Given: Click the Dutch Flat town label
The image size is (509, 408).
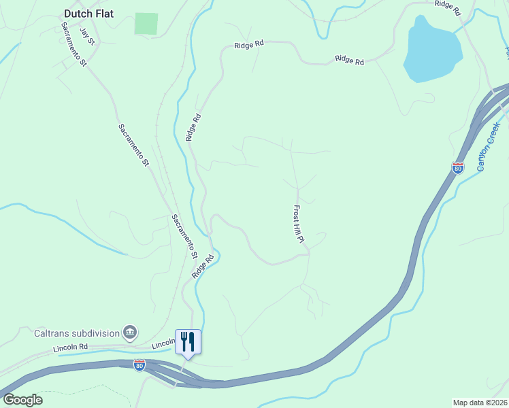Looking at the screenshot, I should (x=88, y=14).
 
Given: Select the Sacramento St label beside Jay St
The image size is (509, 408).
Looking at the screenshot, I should (x=74, y=45).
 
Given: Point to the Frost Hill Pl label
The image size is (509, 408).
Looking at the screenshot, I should (x=298, y=226).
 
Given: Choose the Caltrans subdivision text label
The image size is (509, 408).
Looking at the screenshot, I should (x=77, y=333).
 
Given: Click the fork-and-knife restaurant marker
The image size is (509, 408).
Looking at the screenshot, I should (x=188, y=341).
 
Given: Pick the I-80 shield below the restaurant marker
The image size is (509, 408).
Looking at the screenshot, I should (x=139, y=365).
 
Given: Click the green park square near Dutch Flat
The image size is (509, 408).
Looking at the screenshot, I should (x=146, y=23).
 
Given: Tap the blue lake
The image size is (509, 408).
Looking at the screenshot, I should (x=431, y=51).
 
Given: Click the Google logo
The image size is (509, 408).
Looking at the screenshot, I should (x=22, y=400).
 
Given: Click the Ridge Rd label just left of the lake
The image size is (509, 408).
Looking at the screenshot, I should (x=349, y=61).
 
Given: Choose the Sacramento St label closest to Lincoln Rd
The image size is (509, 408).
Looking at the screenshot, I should (x=184, y=237).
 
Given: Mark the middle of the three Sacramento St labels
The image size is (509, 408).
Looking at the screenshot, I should (x=133, y=145).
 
